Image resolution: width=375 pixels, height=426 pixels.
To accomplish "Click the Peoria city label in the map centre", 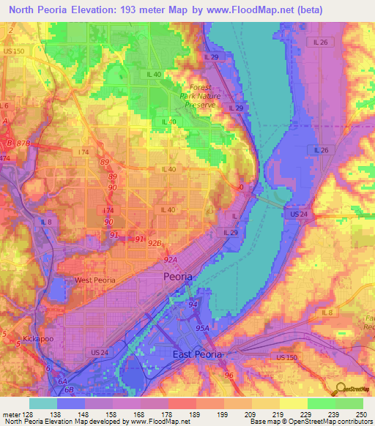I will (x=178, y=277).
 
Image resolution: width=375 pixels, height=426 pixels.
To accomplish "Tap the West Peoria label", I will (x=95, y=280).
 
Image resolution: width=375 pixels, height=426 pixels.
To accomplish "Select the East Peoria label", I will (x=197, y=354).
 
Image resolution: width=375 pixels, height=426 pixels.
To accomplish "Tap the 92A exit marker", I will (x=171, y=259).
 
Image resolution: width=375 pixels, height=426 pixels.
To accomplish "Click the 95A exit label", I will (x=201, y=329).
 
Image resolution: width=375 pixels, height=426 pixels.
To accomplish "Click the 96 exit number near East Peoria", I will (x=229, y=375).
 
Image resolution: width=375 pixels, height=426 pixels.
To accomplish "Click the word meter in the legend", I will (x=12, y=414).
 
